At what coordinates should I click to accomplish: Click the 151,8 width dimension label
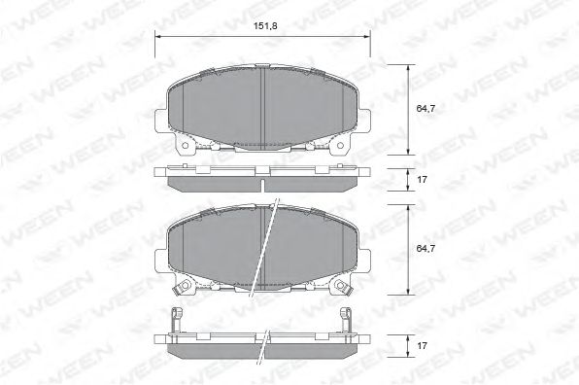click(x=265, y=26)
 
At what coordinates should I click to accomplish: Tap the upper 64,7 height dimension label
click(x=426, y=108)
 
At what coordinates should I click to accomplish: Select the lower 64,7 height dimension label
click(x=426, y=248)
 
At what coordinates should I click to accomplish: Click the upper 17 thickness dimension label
click(x=422, y=180)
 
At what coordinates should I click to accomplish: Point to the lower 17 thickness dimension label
click(x=422, y=345)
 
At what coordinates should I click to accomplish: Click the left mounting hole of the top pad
click(x=185, y=146)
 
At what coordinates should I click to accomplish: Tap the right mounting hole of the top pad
click(x=340, y=146)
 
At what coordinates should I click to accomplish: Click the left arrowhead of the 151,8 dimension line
click(x=158, y=36)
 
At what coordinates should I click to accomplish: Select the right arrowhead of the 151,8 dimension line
click(x=366, y=36)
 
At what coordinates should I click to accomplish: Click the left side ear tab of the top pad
click(x=161, y=120)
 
